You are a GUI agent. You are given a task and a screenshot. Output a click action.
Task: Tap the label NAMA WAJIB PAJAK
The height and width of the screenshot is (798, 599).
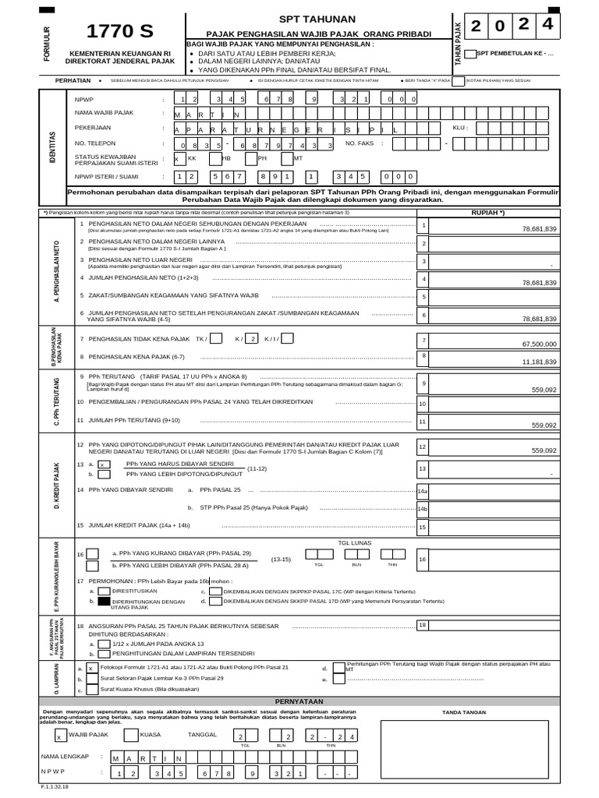click(104, 113)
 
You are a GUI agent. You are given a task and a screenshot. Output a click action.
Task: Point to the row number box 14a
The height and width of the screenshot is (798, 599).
click(422, 492)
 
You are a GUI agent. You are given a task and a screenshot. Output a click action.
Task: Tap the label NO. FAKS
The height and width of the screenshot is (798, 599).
click(361, 143)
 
